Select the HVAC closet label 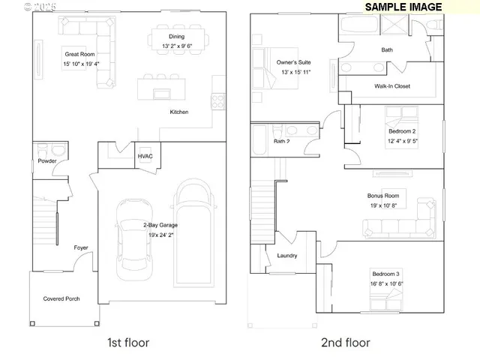pos(145,156)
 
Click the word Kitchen pos(178,112)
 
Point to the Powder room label pos(47,160)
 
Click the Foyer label pos(80,247)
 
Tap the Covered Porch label pos(61,298)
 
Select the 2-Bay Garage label pos(160,225)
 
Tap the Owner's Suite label pos(293,62)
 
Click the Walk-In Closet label pos(392,86)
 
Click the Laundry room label pos(286,256)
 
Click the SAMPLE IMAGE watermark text pos(403,7)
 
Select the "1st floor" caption pos(128,343)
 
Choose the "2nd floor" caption pos(345,343)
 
